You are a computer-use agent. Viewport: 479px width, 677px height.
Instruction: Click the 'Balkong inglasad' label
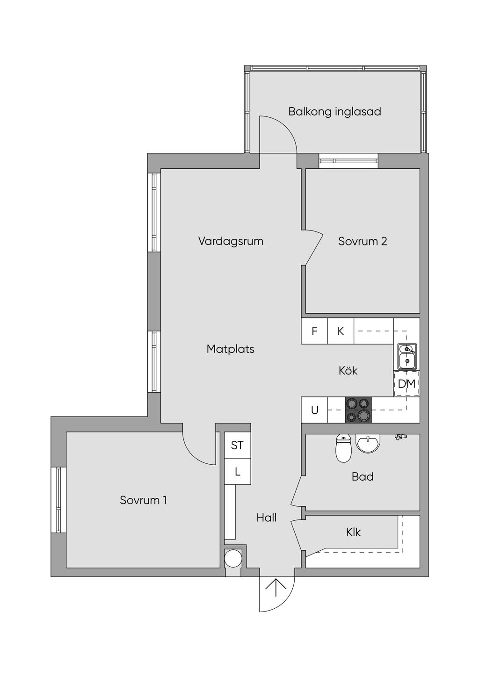[x=334, y=112]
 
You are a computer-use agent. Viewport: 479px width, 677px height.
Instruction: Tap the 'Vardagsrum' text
[x=231, y=241]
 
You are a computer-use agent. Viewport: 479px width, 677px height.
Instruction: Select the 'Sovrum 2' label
[x=363, y=241]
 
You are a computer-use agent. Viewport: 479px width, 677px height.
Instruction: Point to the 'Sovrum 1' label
[x=143, y=500]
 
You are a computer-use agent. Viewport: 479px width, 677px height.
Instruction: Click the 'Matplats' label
[x=231, y=349]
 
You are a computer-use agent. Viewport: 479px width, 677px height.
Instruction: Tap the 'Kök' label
[x=348, y=371]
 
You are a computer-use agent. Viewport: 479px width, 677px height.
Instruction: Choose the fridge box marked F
[x=314, y=331]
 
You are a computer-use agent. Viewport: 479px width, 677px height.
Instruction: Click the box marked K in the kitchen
[x=341, y=331]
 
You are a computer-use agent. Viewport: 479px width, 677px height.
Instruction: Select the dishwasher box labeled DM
[x=406, y=384]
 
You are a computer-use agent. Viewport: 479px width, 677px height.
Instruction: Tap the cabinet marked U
[x=314, y=410]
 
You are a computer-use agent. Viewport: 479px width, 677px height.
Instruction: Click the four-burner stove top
[x=358, y=410]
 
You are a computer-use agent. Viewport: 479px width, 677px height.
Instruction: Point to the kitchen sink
[x=407, y=356]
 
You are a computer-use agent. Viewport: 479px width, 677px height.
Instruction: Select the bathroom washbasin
[x=369, y=443]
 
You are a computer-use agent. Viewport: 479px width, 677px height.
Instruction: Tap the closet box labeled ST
[x=237, y=445]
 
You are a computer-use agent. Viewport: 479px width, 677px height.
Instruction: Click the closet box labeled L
[x=237, y=472]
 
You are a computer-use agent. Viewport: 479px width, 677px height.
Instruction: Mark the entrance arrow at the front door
[x=276, y=587]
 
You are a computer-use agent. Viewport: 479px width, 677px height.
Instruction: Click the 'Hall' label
[x=267, y=518]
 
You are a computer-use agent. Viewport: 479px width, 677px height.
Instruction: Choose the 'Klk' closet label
[x=353, y=532]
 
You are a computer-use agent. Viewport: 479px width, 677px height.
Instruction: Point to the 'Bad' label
[x=363, y=477]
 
